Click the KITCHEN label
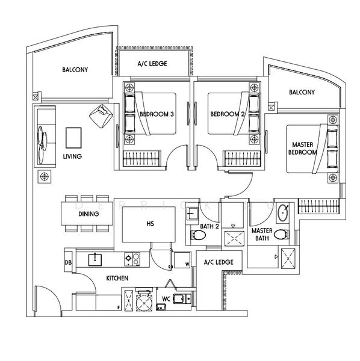pos(116,279)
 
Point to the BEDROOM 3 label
pos(157,114)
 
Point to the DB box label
pos(68,262)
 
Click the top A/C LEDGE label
pos(152,64)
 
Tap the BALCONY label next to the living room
pos(75,70)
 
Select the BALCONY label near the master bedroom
pos(302,92)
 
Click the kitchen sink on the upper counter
pos(95,259)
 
